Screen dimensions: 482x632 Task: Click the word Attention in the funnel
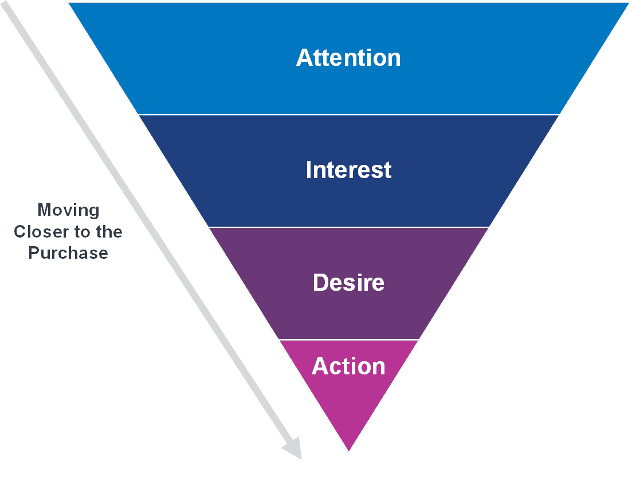348,58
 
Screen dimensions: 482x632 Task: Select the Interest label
348,170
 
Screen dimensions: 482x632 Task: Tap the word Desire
348,283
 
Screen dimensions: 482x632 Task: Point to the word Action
348,366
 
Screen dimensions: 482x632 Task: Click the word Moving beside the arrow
68,210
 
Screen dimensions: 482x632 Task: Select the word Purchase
68,253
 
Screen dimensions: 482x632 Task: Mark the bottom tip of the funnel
348,450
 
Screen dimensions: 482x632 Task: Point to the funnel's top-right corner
627,4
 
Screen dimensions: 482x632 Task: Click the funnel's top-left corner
70,4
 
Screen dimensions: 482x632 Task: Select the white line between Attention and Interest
348,114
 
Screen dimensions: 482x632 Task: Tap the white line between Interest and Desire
348,227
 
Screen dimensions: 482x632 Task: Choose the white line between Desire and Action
348,339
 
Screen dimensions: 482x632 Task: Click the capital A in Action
320,366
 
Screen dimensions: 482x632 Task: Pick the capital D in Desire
320,283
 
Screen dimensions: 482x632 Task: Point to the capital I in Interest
309,170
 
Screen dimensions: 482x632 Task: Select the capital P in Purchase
34,253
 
